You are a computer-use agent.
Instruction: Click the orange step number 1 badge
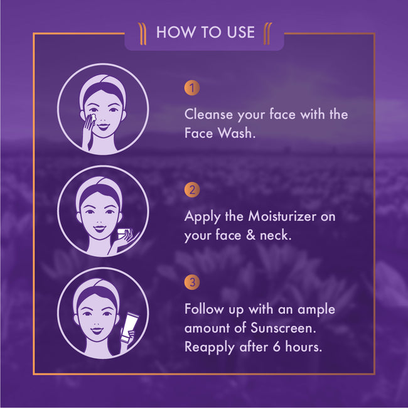[192, 88]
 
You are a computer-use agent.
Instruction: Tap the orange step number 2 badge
[192, 190]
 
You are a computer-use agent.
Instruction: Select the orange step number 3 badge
[192, 282]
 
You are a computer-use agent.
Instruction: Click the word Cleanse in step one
[208, 114]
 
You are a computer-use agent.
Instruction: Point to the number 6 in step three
[277, 347]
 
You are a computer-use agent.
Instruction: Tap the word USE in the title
[240, 32]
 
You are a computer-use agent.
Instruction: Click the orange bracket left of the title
[142, 34]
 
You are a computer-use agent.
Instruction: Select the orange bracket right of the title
[267, 34]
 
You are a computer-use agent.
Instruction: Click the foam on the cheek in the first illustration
[93, 117]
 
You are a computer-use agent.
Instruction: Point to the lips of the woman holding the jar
[100, 229]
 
